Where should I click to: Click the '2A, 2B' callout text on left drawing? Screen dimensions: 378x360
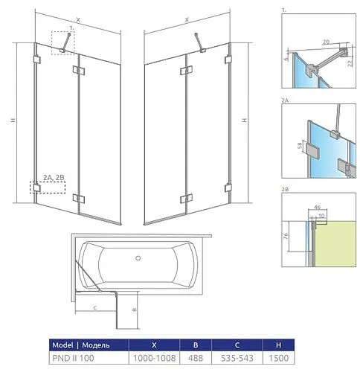(x=54, y=177)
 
